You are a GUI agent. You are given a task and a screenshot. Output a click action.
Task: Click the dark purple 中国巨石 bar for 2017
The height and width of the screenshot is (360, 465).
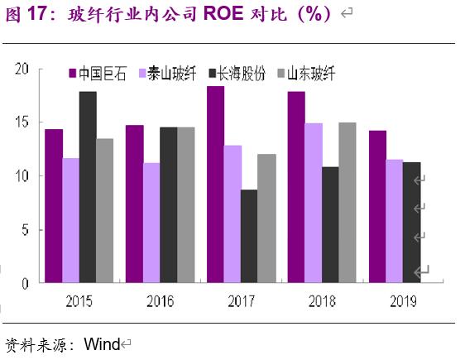coord(215,185)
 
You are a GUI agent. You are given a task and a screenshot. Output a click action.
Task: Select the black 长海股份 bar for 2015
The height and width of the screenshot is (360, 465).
coord(87,187)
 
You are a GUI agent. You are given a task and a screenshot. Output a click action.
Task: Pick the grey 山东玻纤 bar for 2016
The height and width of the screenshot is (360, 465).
coord(185,204)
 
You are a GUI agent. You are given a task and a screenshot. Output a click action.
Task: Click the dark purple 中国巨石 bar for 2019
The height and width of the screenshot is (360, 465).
coord(377,207)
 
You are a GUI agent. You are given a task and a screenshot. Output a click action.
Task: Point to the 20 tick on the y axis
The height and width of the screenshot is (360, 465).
coord(24,69)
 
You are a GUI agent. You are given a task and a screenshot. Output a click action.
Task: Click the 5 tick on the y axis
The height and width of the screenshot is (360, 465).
coord(27,230)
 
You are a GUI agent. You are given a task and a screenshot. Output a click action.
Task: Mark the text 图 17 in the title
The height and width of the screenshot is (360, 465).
coord(24,14)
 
